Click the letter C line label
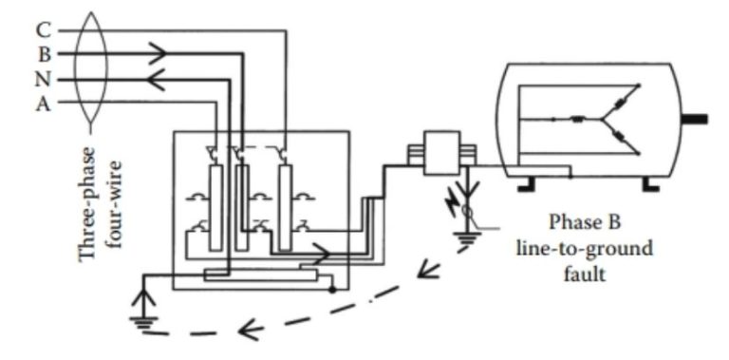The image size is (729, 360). [42, 30]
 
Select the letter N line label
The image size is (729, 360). [43, 79]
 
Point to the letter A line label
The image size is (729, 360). [42, 104]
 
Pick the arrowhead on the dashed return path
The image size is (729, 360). [249, 332]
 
